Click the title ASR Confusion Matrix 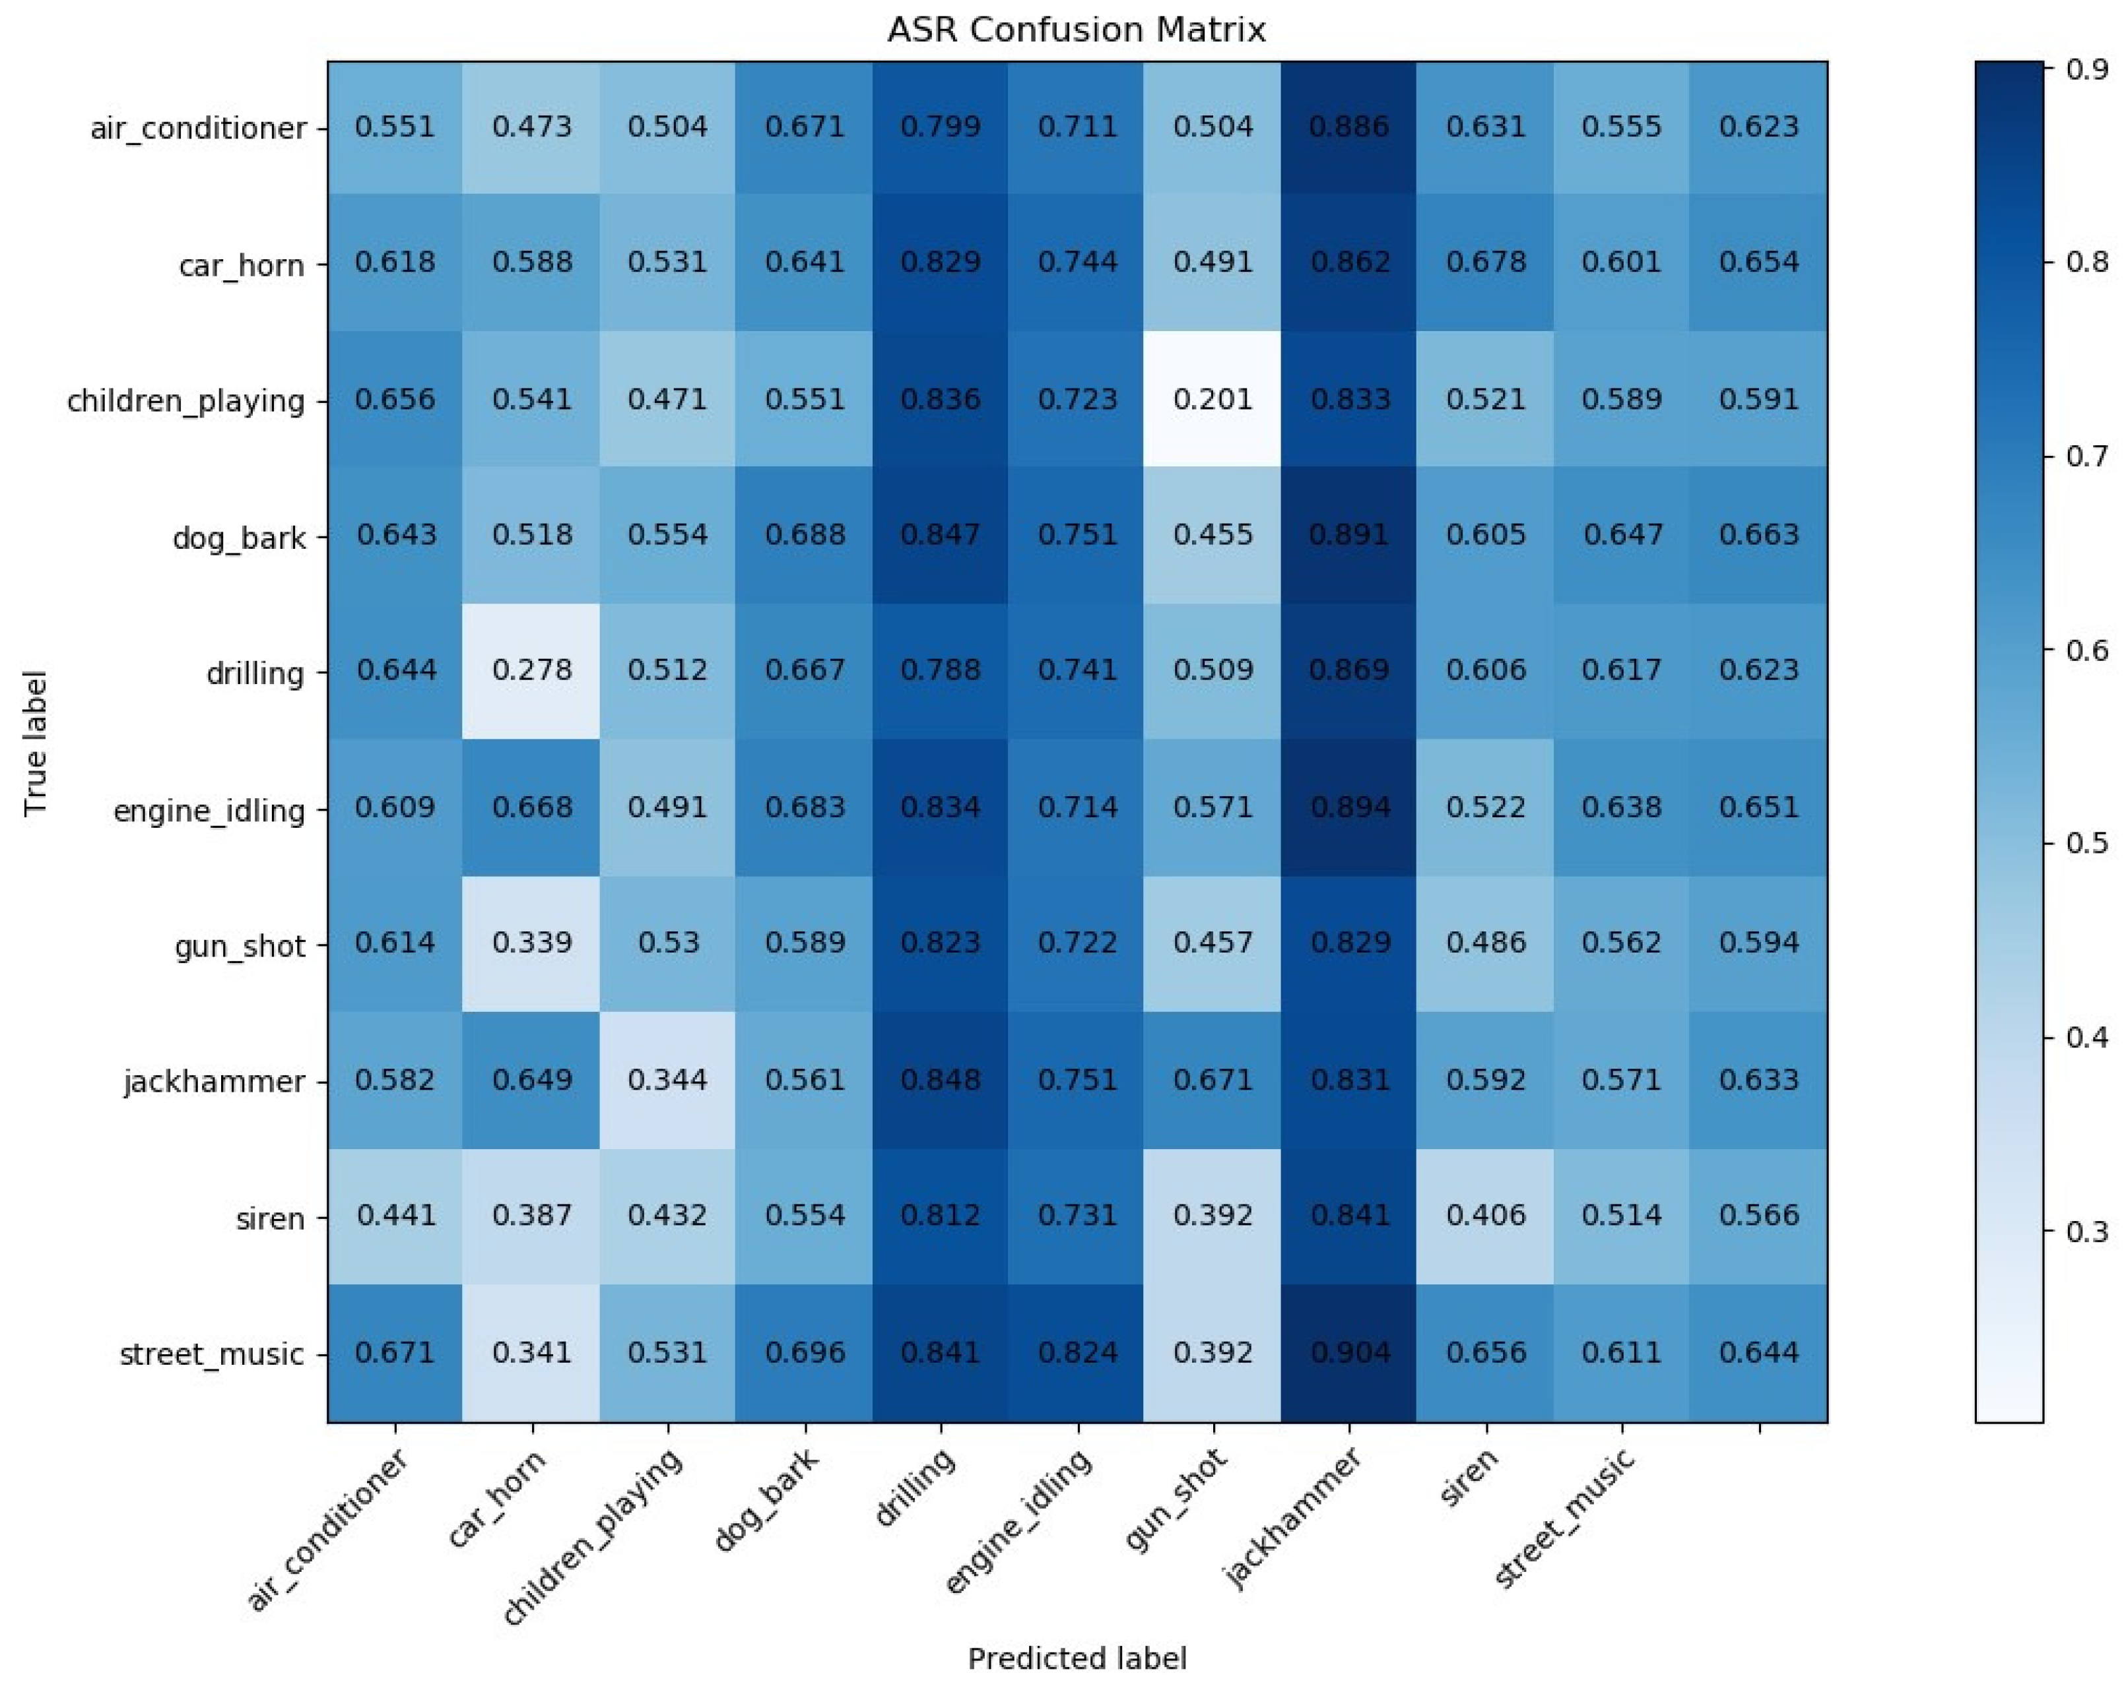point(1076,30)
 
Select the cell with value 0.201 point(1213,400)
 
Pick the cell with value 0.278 point(532,671)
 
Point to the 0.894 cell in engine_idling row point(1349,807)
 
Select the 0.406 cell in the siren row point(1486,1216)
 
